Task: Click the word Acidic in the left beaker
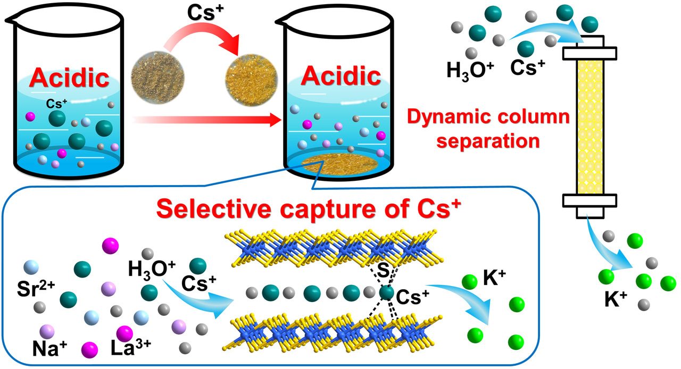[69, 78]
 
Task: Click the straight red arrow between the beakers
[207, 121]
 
